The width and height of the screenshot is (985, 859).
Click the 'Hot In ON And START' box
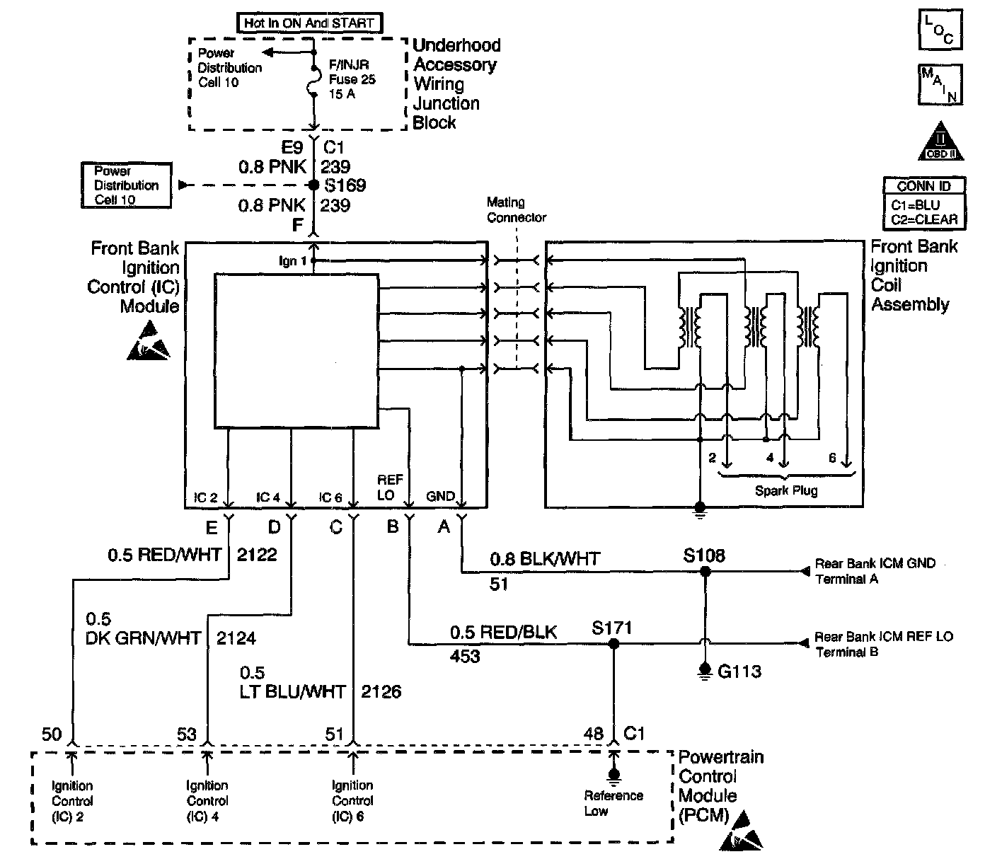(x=309, y=23)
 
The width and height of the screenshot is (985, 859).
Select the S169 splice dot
(x=314, y=185)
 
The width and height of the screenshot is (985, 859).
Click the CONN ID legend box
(x=924, y=203)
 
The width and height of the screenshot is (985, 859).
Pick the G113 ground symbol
(x=705, y=669)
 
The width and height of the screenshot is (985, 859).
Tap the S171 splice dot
(x=614, y=644)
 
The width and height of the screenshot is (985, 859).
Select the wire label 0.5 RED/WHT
(x=164, y=555)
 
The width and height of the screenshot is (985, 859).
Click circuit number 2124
(x=236, y=638)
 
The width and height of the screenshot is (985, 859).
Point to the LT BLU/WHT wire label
(x=292, y=691)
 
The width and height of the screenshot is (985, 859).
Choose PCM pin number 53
(x=187, y=734)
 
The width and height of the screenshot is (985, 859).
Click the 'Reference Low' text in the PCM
(x=613, y=803)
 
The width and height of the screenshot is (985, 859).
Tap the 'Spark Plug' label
(x=785, y=490)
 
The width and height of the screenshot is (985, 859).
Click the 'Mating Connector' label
(x=517, y=210)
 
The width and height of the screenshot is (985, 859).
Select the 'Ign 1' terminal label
(x=292, y=261)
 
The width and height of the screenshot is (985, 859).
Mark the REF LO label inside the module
(x=390, y=488)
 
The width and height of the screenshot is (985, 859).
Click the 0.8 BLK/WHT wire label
(x=545, y=559)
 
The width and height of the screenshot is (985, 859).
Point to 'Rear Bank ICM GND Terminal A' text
(x=875, y=571)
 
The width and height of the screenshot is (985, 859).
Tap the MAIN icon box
(x=940, y=84)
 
